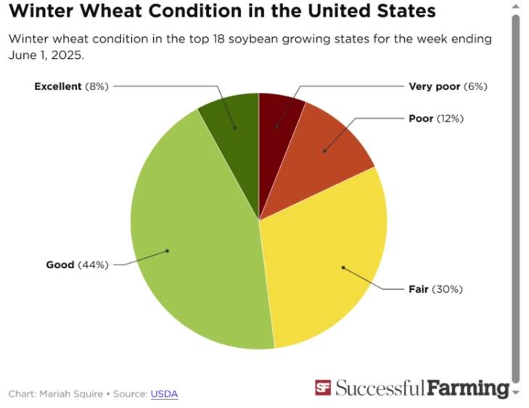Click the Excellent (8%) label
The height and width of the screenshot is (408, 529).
coord(71,86)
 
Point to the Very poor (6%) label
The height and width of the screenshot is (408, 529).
coord(448,86)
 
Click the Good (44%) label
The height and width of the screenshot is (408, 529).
coord(77,265)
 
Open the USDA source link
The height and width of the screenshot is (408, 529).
coord(164,394)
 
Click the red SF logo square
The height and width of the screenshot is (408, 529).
coord(323,388)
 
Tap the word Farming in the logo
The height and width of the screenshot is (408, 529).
coord(468,388)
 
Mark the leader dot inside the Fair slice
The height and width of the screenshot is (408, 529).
coord(343,267)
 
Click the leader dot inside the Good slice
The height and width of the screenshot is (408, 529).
coord(168,251)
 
